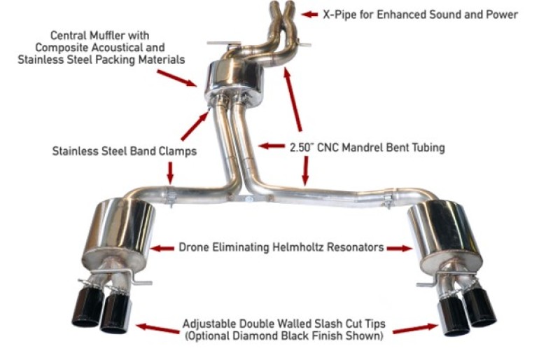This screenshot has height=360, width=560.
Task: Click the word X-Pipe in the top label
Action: [340, 14]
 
